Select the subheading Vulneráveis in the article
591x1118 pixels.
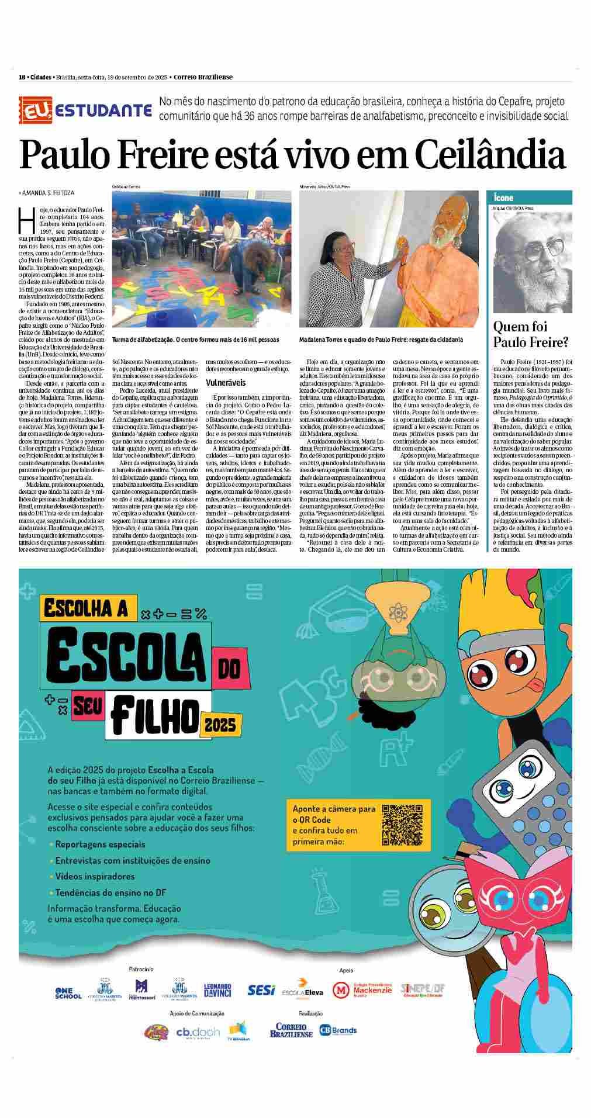(226, 383)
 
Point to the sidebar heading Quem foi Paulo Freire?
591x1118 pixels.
(531, 334)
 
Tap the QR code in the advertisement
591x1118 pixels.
(401, 824)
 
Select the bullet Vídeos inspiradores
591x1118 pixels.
(95, 876)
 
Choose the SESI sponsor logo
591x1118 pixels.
(261, 989)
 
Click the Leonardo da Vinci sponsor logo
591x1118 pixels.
(217, 991)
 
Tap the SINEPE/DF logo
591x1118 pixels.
(423, 989)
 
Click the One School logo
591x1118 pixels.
(68, 993)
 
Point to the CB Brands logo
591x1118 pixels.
(338, 1030)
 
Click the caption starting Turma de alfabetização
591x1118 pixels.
(195, 340)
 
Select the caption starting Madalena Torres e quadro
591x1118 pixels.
(381, 340)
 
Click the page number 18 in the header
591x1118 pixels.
(22, 77)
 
